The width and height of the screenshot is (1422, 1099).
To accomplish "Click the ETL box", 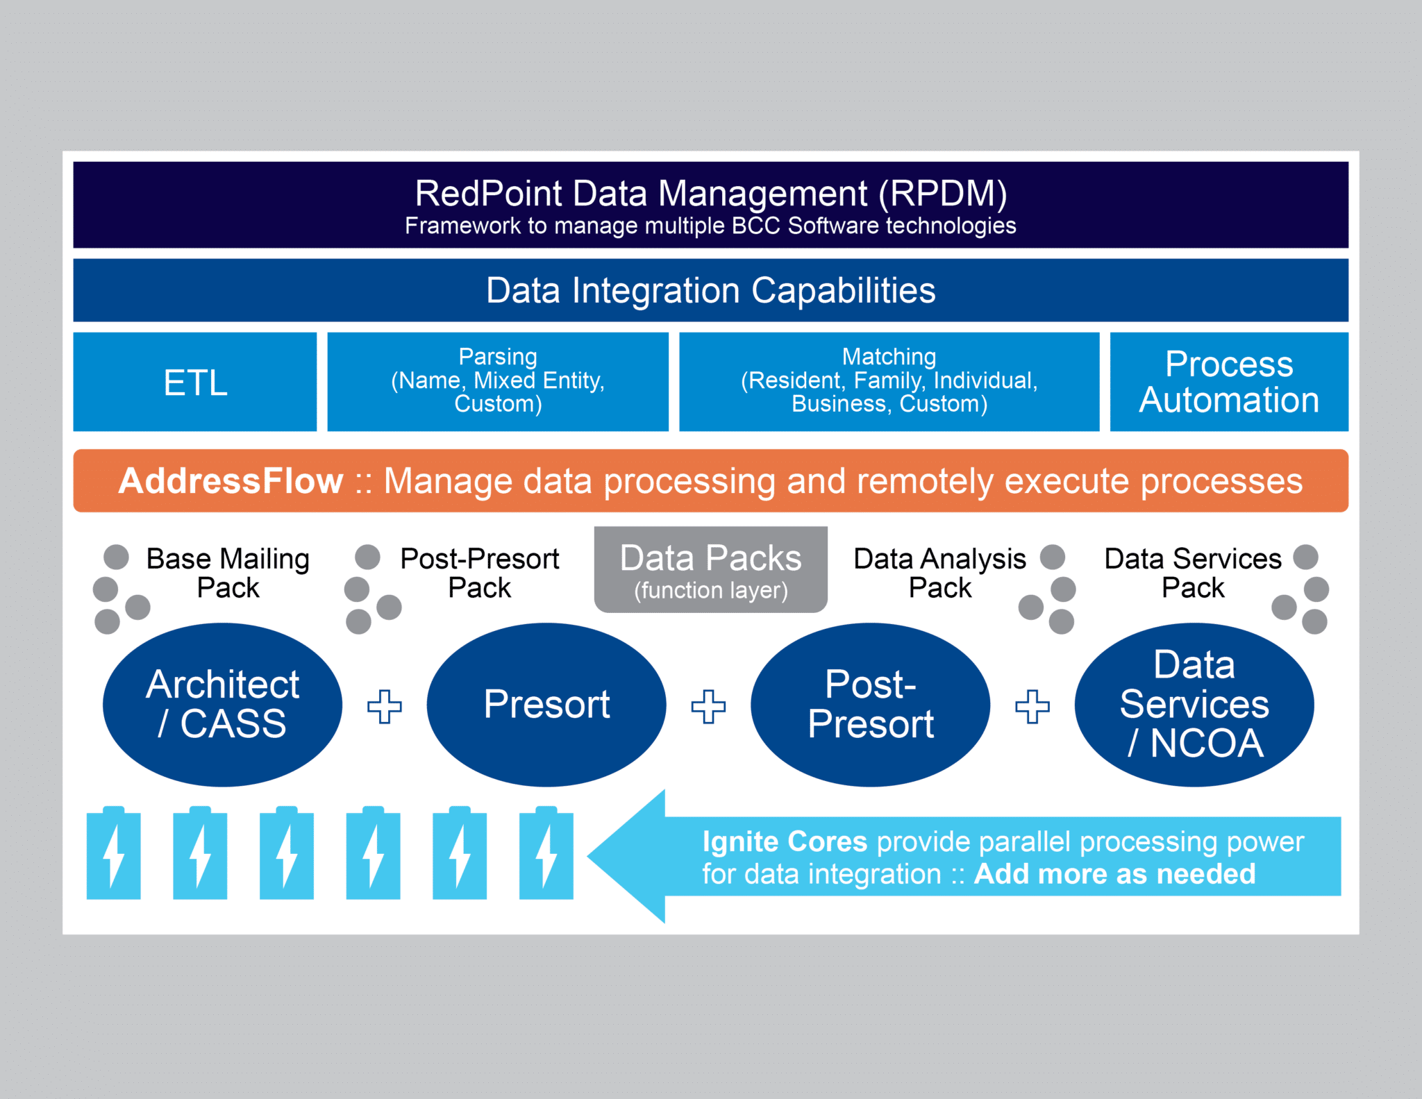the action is [x=195, y=382].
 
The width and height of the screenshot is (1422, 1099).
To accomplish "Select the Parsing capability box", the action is [x=498, y=382].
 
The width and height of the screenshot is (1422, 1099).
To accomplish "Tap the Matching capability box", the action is [x=889, y=382].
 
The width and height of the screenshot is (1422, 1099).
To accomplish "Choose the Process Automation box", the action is [x=1229, y=382].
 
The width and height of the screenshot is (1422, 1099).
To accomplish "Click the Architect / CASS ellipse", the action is [x=222, y=705].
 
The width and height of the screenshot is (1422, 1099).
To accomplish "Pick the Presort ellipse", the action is [x=546, y=705].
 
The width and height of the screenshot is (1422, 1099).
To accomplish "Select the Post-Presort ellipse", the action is [x=871, y=705].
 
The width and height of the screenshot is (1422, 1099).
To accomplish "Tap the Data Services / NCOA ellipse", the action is [x=1194, y=705].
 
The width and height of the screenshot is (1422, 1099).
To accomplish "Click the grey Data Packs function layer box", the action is [x=711, y=569].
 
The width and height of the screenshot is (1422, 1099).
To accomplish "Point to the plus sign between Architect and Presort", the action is [x=385, y=707].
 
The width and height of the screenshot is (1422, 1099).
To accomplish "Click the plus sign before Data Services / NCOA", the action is [x=1032, y=707].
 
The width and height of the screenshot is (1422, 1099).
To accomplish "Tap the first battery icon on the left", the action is [x=114, y=853].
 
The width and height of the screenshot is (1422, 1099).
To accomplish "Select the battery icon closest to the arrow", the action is [x=546, y=853].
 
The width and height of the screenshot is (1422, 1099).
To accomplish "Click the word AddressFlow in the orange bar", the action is [x=231, y=481].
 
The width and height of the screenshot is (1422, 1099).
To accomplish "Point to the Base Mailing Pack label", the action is [x=228, y=573].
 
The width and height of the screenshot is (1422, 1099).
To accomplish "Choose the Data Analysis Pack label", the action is [x=940, y=573].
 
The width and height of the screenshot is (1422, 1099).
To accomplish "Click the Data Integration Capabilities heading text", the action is [x=711, y=290].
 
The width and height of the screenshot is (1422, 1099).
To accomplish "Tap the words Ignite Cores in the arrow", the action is [x=785, y=841].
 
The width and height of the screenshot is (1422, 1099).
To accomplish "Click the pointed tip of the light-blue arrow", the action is [x=589, y=856].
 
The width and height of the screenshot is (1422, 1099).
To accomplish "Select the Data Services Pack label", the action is [x=1193, y=573].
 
